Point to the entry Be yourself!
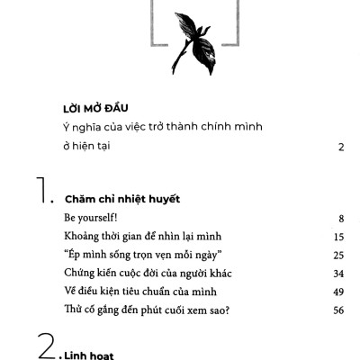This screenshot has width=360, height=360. pyautogui.click(x=94, y=218)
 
